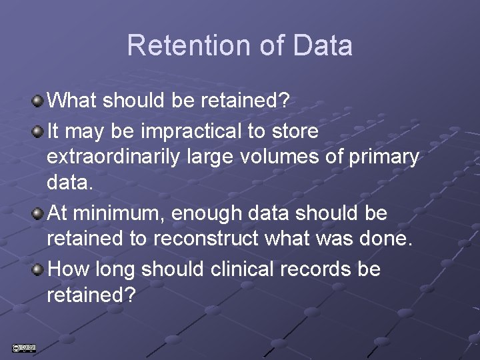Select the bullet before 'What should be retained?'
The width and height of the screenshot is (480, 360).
tap(39, 101)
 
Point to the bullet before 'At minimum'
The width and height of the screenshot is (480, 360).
tap(39, 213)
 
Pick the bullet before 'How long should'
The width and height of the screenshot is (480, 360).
tap(39, 269)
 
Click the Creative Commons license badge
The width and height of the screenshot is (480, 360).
tap(23, 347)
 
